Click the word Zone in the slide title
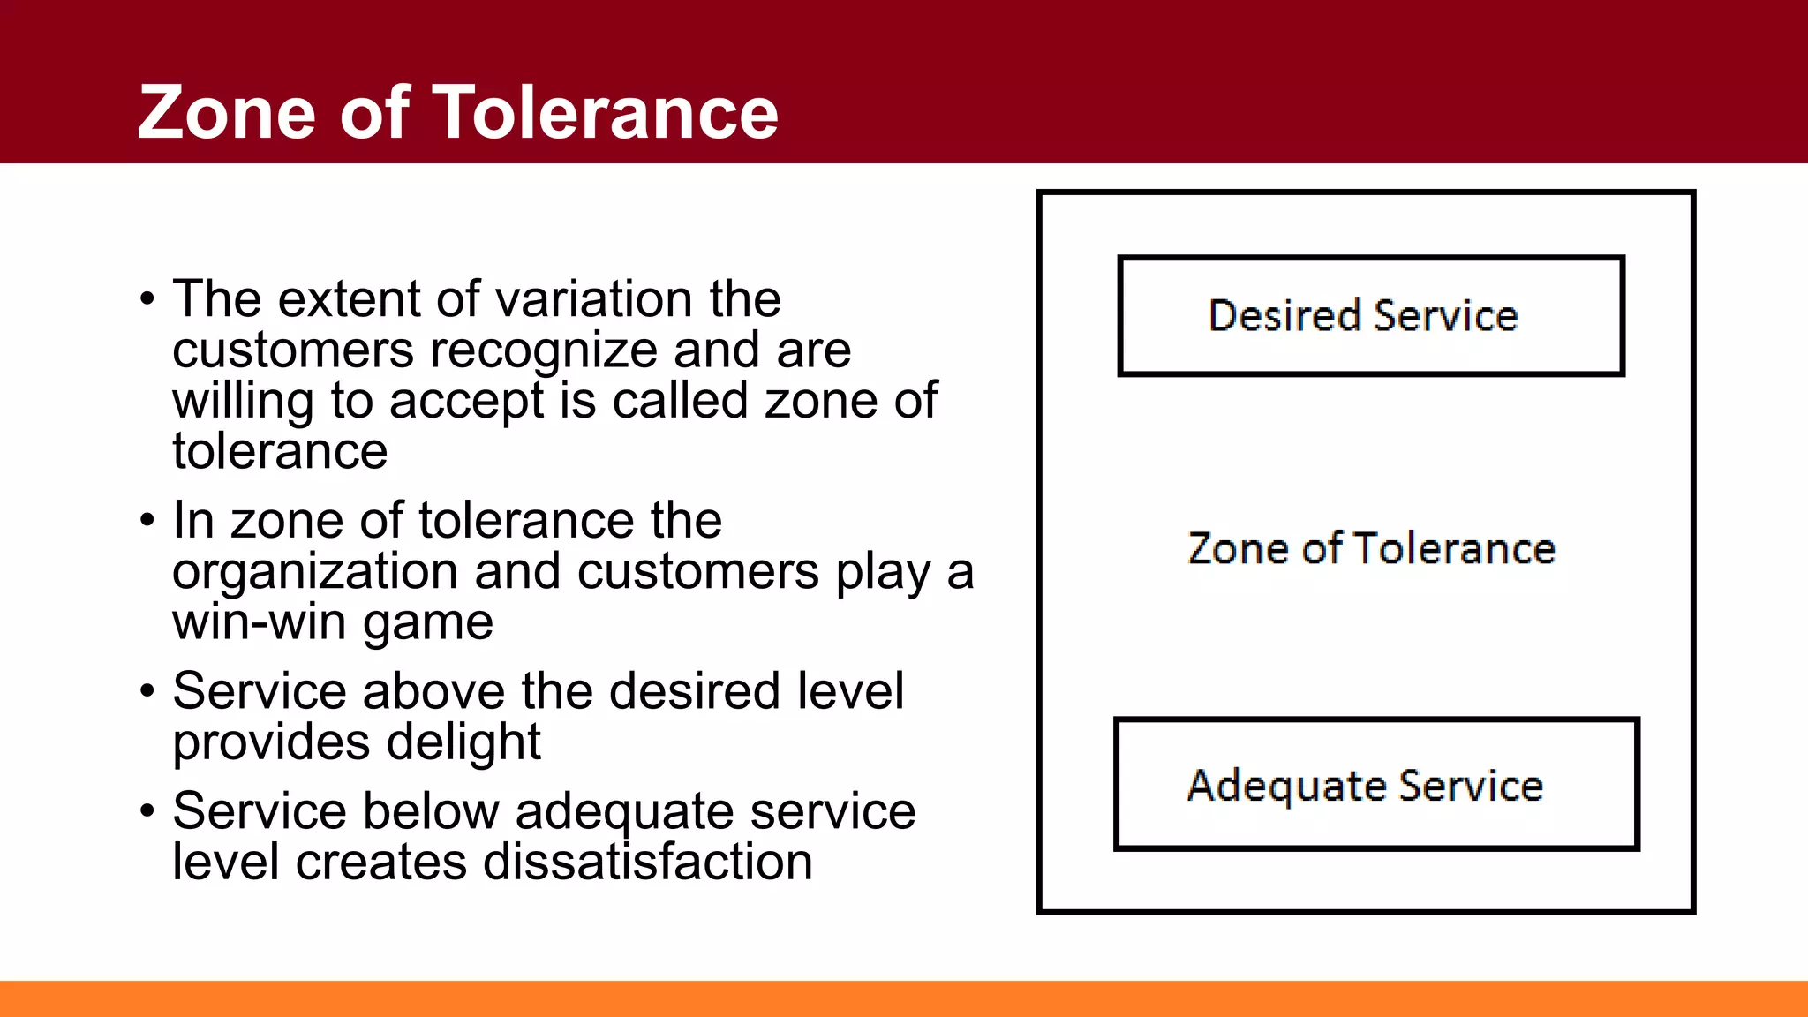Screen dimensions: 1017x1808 226,112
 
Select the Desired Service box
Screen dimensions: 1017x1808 1370,316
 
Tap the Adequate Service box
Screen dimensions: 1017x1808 1375,784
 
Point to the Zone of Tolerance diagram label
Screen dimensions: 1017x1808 1371,548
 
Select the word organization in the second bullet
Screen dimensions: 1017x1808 315,572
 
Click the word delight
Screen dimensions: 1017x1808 463,742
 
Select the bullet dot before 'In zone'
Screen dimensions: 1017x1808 147,521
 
